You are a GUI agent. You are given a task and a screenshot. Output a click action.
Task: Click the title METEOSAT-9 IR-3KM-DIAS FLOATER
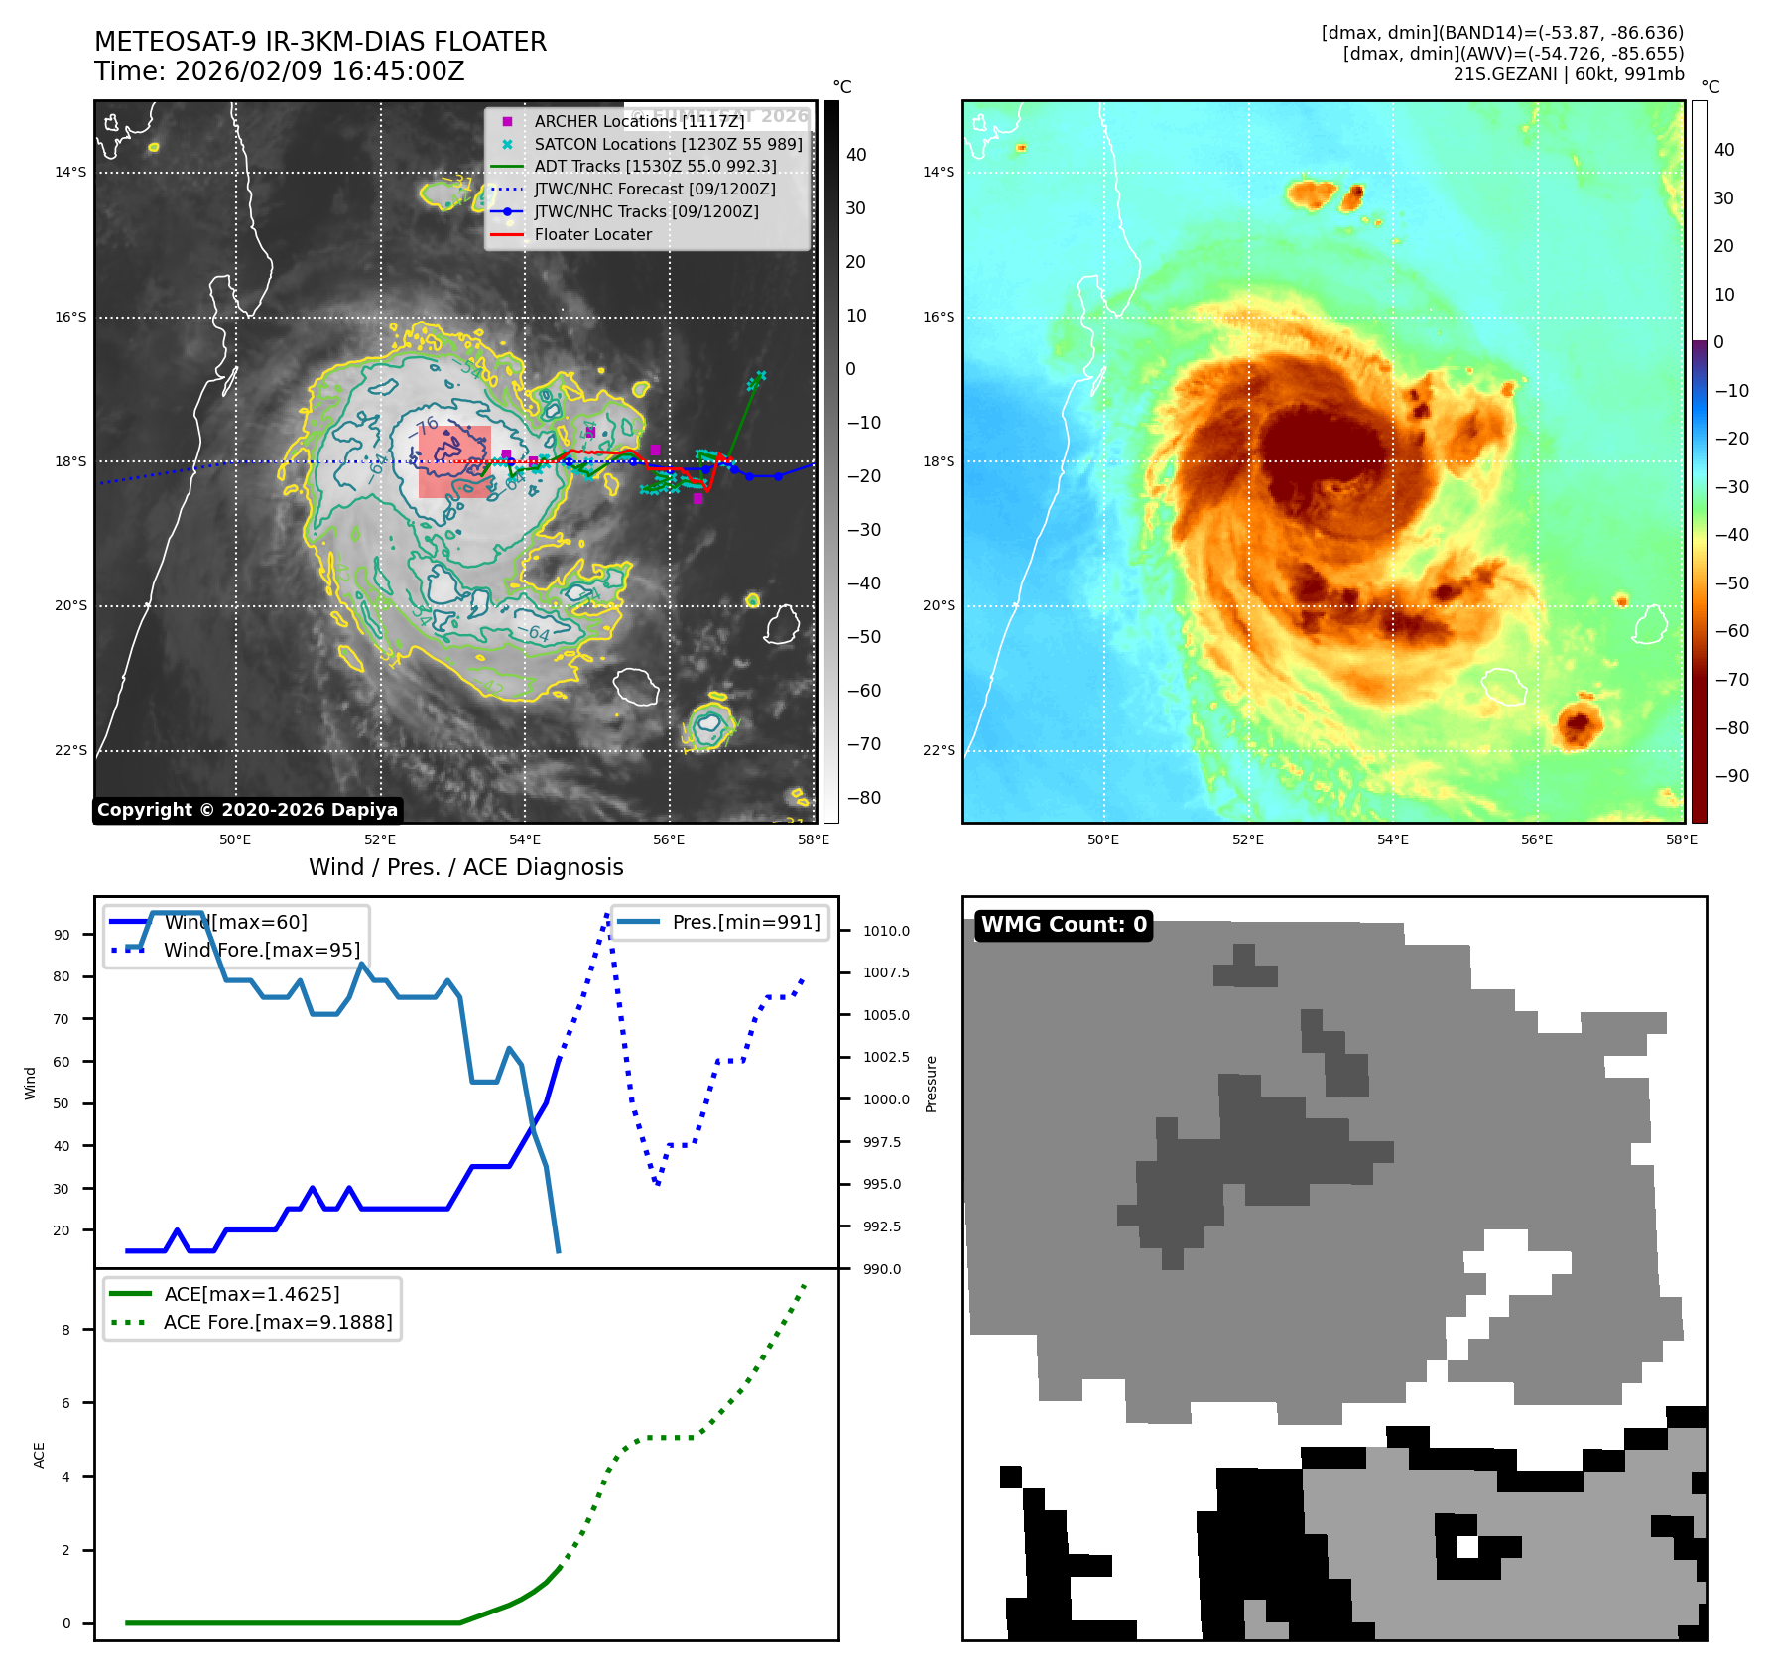coord(319,42)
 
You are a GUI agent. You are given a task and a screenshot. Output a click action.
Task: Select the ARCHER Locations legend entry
coord(638,121)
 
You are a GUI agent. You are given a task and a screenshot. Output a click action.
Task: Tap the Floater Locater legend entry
coord(592,235)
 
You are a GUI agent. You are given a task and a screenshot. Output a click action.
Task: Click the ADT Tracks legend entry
coord(655,167)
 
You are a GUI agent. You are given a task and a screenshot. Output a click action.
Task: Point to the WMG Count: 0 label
coord(1064,925)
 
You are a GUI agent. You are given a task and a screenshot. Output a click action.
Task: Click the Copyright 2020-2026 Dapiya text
coord(247,810)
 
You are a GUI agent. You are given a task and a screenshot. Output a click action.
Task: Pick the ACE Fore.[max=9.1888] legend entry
coord(277,1322)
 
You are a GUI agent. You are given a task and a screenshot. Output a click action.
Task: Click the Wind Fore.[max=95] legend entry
coord(261,950)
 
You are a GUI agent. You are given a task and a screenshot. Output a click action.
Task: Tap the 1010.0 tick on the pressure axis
coord(885,931)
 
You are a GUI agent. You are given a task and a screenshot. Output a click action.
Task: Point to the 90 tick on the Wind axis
coord(63,935)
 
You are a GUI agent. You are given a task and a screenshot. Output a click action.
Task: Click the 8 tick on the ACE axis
coord(66,1330)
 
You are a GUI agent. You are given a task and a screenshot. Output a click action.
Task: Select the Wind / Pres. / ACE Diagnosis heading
coord(465,867)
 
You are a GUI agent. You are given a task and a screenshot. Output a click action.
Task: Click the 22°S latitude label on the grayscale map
coord(70,750)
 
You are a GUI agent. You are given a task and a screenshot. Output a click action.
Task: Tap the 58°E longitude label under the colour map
coord(1681,839)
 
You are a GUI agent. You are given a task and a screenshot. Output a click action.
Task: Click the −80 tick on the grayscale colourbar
coord(863,798)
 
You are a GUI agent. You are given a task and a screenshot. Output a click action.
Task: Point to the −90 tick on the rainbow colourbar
coord(1731,776)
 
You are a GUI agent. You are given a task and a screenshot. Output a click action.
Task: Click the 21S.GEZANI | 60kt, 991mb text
coord(1568,74)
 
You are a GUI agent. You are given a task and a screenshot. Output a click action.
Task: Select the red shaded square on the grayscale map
coord(454,461)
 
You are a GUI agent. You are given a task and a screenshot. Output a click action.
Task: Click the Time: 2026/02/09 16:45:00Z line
coord(279,71)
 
